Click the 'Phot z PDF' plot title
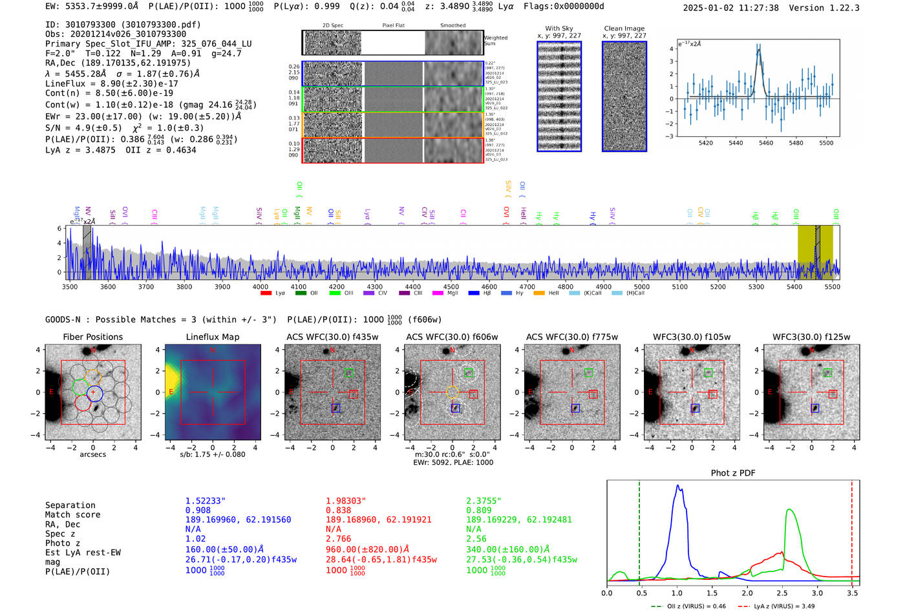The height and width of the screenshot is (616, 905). coord(733,473)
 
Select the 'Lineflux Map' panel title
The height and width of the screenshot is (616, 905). coord(213,337)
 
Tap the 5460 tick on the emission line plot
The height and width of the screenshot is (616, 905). coord(766,143)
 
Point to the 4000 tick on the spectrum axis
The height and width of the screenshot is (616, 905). coord(261,286)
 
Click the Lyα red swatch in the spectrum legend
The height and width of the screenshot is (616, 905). coord(266,293)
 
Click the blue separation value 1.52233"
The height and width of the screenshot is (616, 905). coord(205,501)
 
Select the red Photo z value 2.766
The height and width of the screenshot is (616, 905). coord(338,538)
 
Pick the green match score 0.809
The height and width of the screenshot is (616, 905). coord(479,510)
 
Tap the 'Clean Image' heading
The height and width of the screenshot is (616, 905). coord(624,28)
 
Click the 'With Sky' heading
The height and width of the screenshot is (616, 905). coord(559,28)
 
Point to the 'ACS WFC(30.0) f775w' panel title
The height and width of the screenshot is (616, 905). coord(571,337)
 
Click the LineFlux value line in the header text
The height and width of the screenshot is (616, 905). coord(112,83)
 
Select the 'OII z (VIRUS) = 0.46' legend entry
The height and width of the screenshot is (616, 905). coord(689,606)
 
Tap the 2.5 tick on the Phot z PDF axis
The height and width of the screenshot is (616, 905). coord(782,593)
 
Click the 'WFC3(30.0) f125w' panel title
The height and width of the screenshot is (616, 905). coord(811,337)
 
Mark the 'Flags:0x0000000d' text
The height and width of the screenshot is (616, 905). coord(564,6)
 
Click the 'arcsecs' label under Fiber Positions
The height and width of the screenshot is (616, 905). coord(92,454)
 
